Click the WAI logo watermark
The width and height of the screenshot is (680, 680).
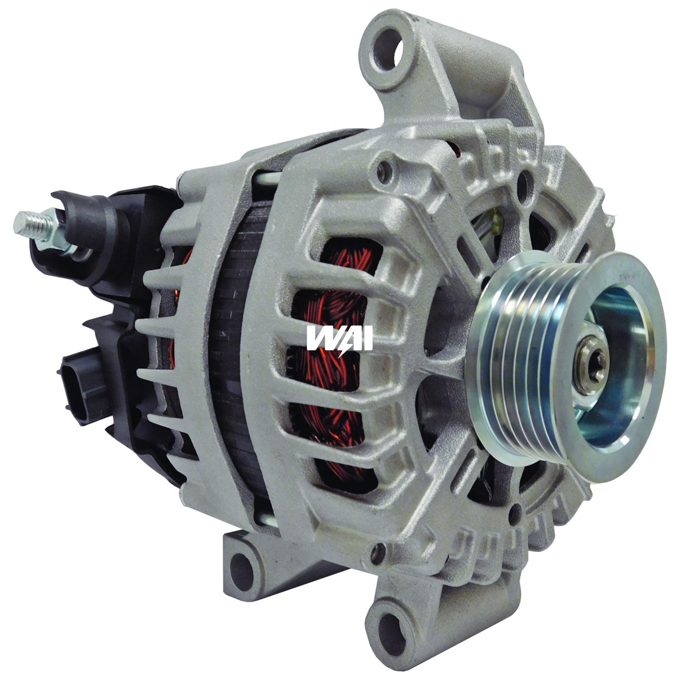pos(339,338)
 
